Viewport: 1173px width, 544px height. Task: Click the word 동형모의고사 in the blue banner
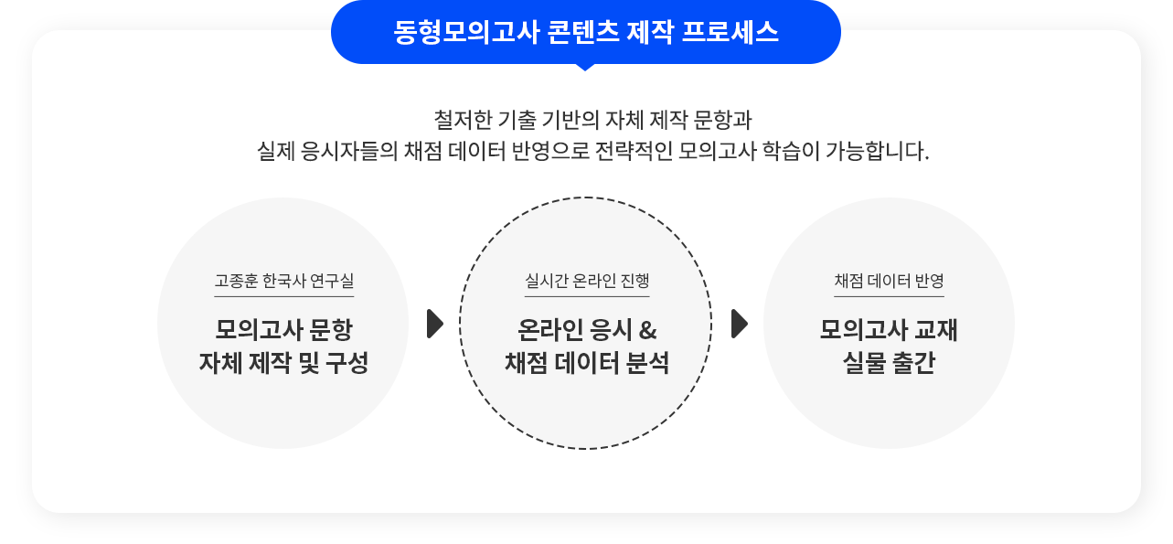466,32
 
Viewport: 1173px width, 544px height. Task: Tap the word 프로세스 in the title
730,32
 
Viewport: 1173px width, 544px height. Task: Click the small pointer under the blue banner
585,67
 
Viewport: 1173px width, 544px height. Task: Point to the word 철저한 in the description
463,120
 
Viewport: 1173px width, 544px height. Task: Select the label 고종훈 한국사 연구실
283,281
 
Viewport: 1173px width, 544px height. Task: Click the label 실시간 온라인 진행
587,281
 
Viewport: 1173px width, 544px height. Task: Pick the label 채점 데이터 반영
890,281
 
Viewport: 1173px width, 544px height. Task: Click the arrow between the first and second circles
435,324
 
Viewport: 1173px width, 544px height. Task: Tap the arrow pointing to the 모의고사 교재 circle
740,324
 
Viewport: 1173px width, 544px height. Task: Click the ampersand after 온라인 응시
647,330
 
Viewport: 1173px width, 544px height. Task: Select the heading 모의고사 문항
283,330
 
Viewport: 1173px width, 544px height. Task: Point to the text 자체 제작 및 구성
283,362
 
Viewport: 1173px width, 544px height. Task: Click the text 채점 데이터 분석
587,362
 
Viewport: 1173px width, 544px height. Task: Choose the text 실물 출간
890,362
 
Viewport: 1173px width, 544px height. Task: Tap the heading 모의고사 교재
890,330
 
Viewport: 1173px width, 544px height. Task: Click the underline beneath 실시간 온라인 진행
587,297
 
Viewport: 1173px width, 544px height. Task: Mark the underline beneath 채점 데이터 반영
890,297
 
